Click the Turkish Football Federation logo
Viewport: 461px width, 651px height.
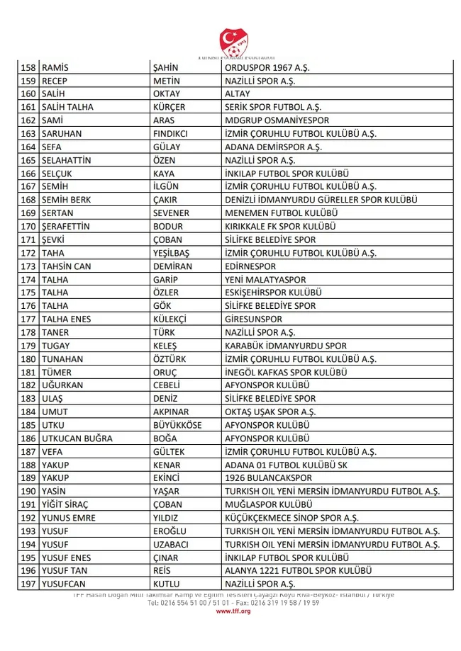[233, 39]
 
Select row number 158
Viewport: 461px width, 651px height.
[28, 68]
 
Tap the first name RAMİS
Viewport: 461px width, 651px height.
[58, 68]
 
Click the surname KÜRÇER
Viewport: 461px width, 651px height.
[170, 108]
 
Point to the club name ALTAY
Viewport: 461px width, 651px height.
[238, 94]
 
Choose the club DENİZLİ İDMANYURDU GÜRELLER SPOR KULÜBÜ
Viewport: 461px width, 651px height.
[321, 200]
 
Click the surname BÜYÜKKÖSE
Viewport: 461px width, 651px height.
[177, 425]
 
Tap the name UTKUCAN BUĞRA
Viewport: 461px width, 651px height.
[77, 438]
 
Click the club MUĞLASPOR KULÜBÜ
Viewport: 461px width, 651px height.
[269, 504]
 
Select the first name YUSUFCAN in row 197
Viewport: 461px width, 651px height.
[65, 584]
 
